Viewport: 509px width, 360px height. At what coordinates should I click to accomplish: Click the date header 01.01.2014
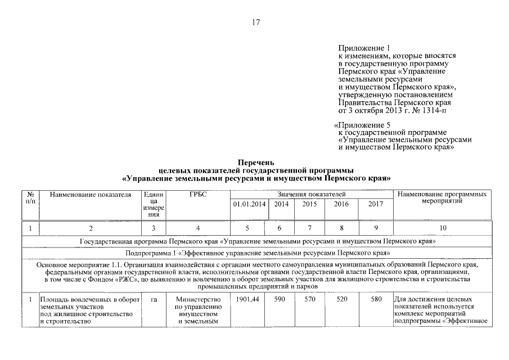249,205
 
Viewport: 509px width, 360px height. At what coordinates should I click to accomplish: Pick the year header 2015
310,205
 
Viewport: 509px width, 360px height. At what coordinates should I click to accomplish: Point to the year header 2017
375,205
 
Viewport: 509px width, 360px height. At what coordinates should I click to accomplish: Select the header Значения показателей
311,194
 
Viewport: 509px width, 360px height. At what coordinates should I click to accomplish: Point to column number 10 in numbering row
442,228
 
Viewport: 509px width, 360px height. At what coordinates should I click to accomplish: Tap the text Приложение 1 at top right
364,48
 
